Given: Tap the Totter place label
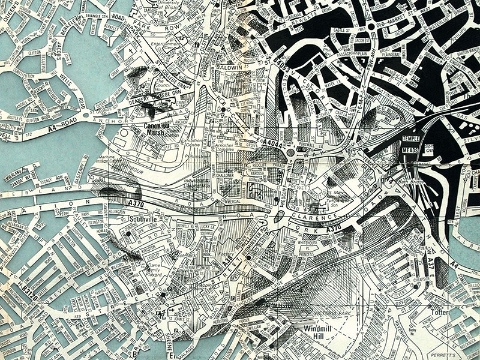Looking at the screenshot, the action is pos(443,313).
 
